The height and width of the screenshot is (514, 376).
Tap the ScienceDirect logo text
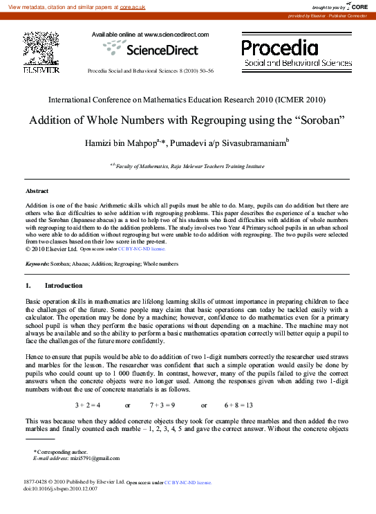click(x=161, y=49)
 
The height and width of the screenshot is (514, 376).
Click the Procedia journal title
click(x=280, y=47)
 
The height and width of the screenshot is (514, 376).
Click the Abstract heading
click(x=37, y=190)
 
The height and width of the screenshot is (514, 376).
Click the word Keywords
click(x=37, y=264)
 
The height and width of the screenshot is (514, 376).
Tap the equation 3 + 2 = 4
click(x=88, y=404)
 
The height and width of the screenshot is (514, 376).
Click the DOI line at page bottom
click(x=61, y=488)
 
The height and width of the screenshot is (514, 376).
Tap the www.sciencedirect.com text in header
click(x=173, y=34)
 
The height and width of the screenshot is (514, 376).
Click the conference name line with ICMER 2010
click(x=187, y=100)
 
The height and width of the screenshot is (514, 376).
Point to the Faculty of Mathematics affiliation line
click(x=187, y=167)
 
